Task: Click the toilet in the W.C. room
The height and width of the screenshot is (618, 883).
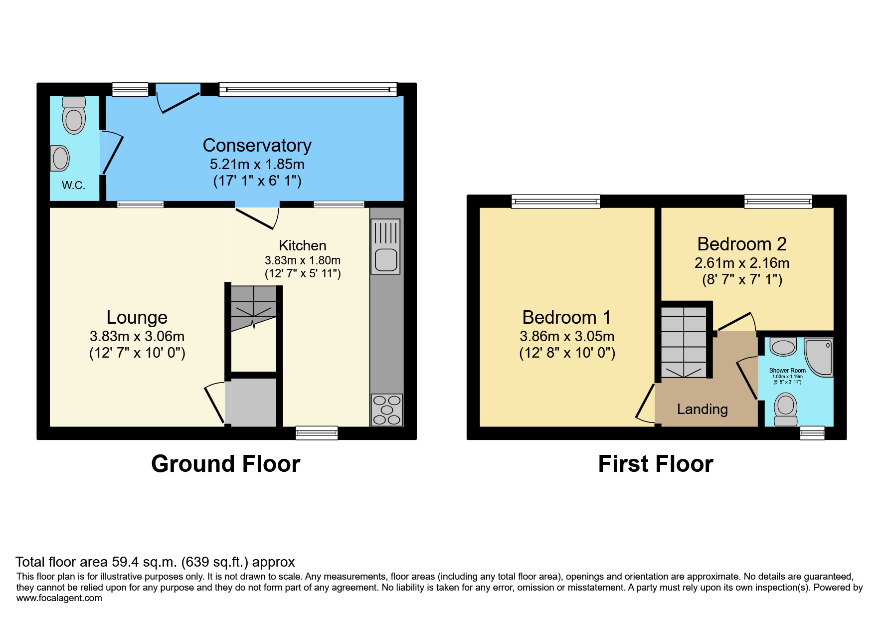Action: click(74, 116)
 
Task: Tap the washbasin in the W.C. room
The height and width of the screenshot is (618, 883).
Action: click(60, 159)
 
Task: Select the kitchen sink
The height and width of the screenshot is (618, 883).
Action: click(385, 260)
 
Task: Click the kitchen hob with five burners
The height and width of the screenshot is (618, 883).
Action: click(387, 410)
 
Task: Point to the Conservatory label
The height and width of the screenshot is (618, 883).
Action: click(257, 145)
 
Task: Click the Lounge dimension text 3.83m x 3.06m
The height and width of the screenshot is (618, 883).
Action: click(137, 336)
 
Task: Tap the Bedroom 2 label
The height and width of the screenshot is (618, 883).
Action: click(741, 244)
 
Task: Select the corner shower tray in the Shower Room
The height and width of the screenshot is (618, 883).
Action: click(819, 357)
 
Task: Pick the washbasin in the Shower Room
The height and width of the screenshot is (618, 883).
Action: click(783, 347)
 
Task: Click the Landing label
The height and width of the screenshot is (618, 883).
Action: click(702, 409)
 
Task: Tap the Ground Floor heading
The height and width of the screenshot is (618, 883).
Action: click(225, 464)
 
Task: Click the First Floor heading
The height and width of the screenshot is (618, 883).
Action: click(655, 464)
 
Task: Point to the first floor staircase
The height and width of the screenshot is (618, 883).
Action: click(684, 342)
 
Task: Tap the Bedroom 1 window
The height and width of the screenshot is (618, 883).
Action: click(555, 201)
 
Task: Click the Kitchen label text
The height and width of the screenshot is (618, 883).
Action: click(302, 245)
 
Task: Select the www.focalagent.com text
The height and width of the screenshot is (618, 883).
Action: click(59, 598)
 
